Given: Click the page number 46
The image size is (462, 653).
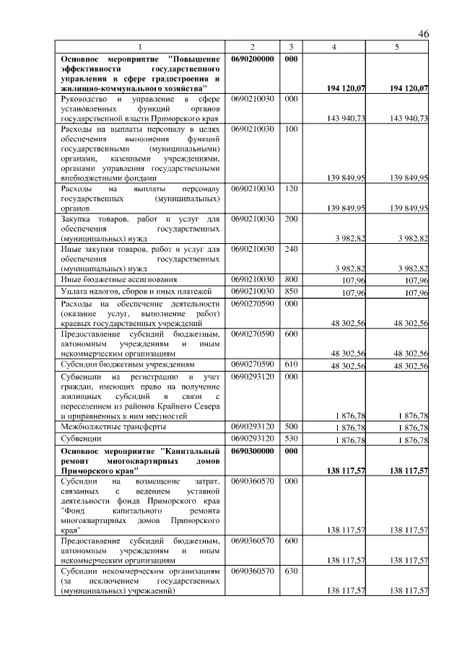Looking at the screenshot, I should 423,34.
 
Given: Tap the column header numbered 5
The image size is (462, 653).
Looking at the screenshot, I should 397,47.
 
